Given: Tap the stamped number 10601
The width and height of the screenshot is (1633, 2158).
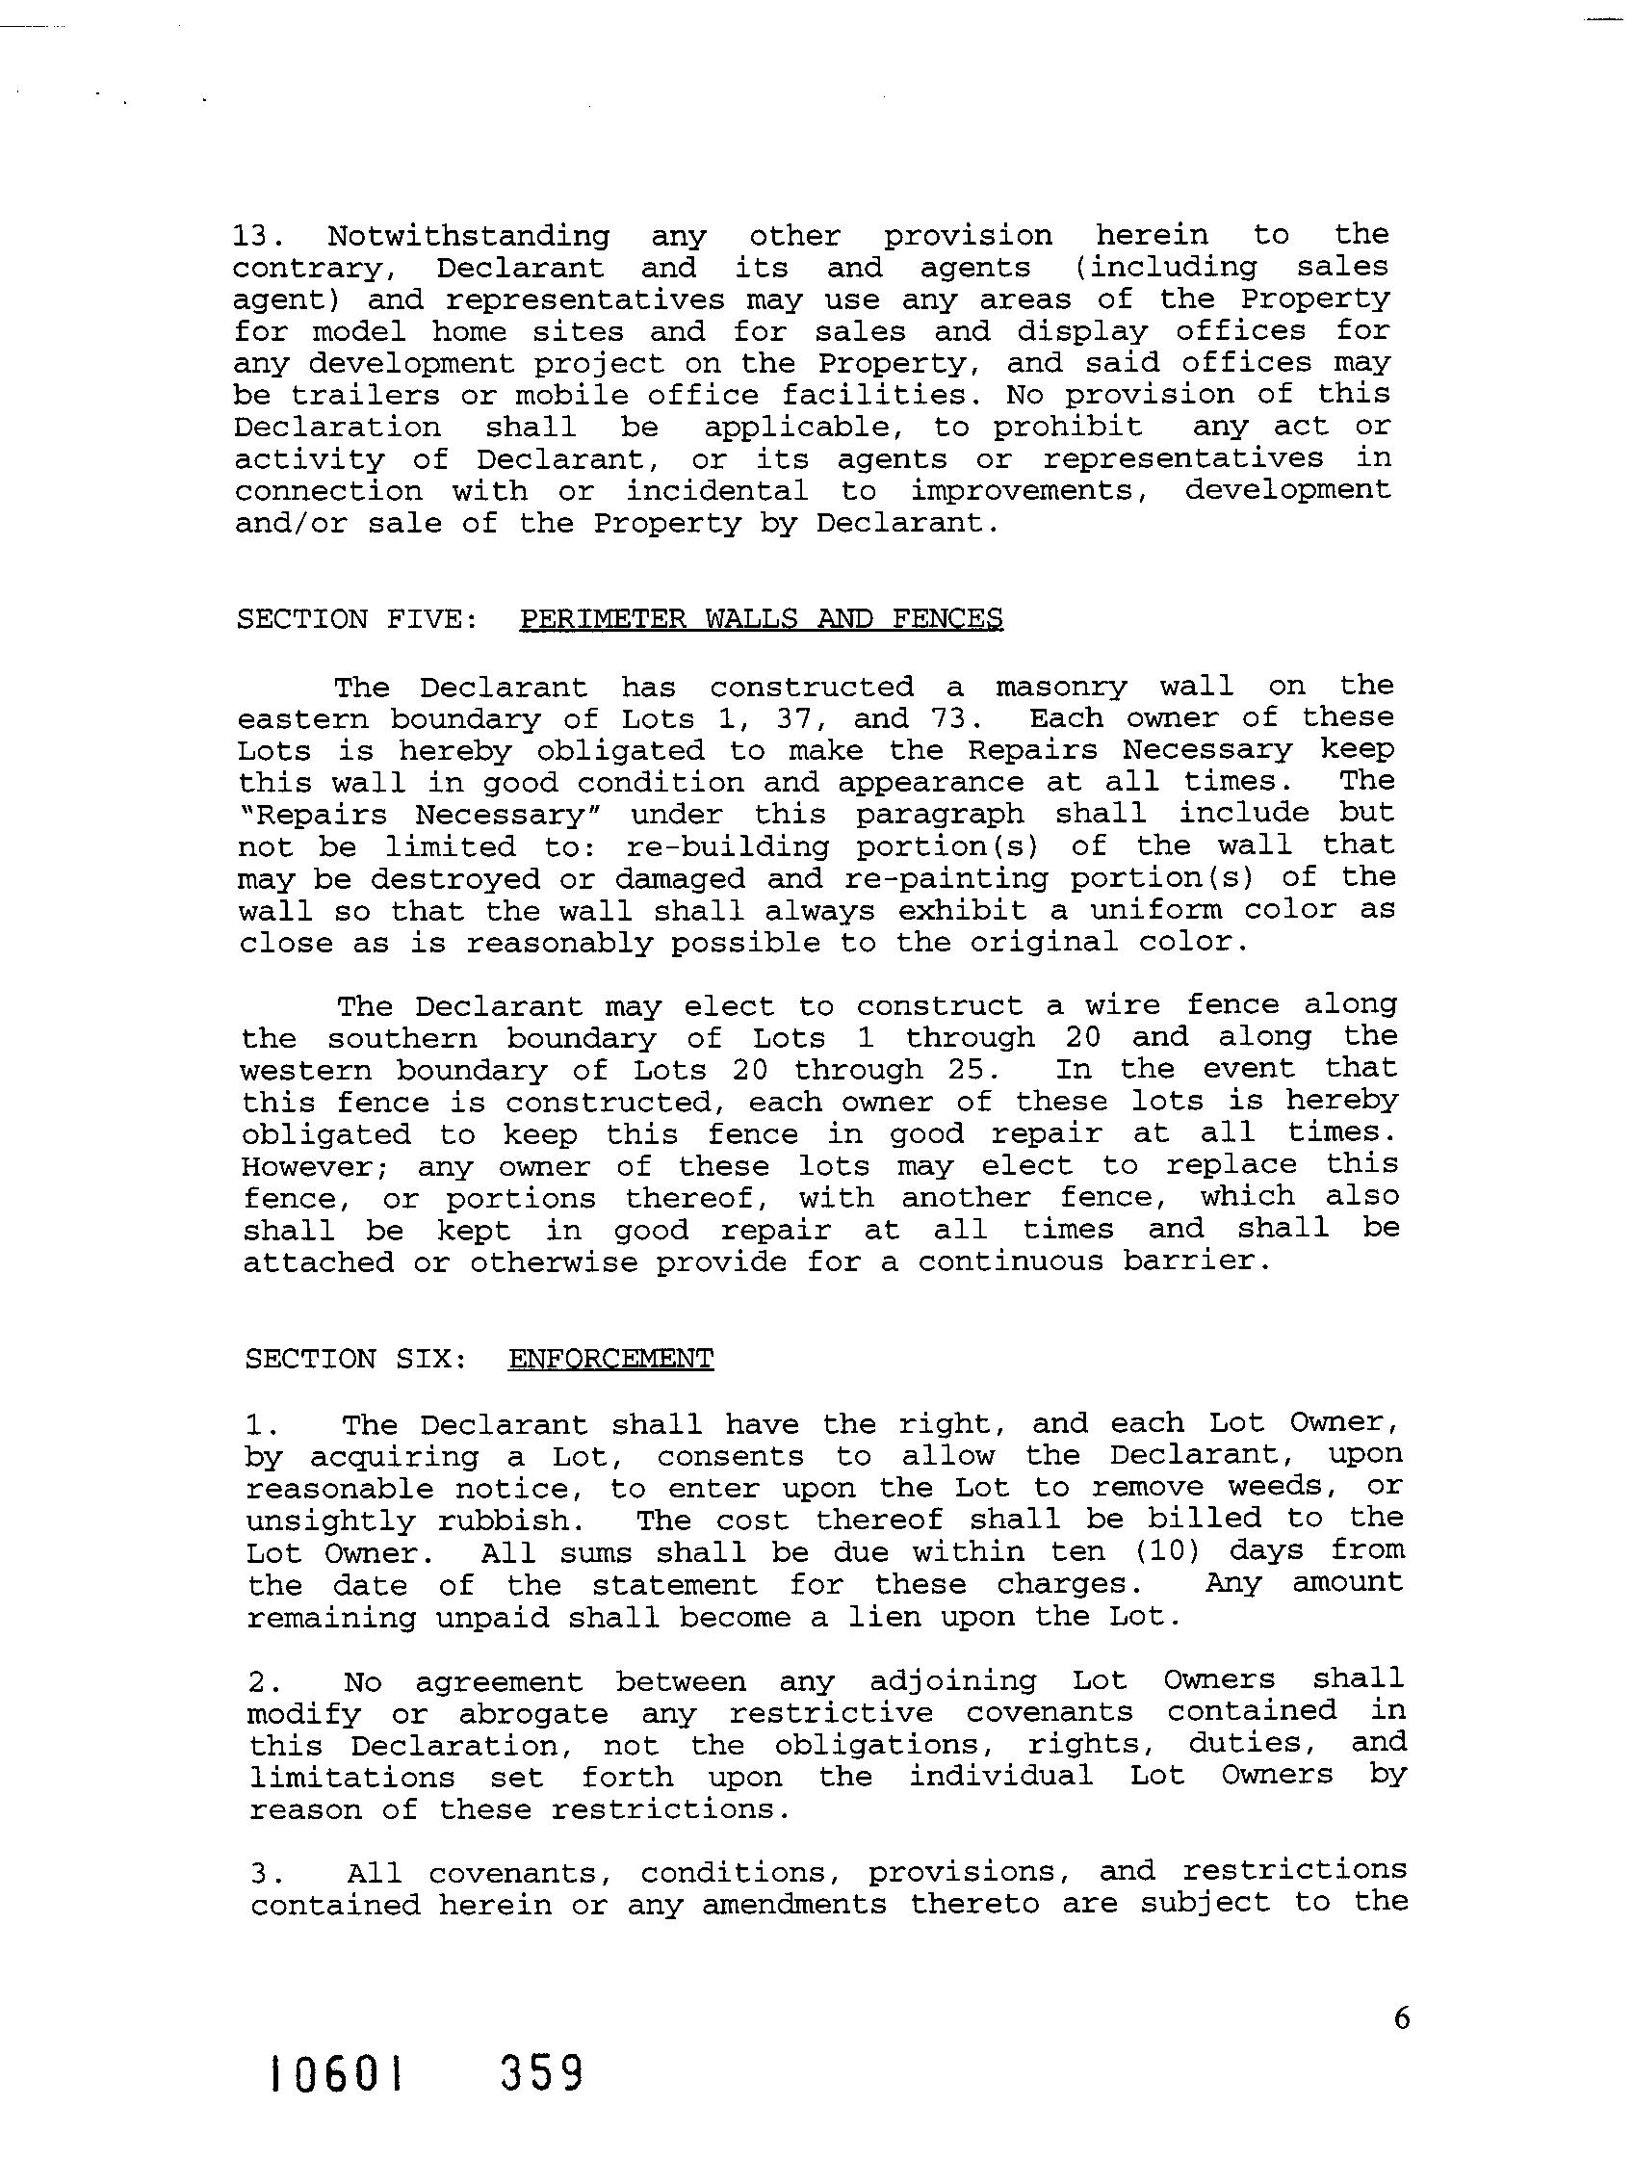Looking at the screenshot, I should pyautogui.click(x=337, y=2100).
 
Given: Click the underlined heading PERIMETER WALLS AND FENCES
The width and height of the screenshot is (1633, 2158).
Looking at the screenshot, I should pyautogui.click(x=761, y=619).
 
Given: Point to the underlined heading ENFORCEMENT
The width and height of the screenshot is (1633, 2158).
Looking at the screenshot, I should pyautogui.click(x=610, y=1359).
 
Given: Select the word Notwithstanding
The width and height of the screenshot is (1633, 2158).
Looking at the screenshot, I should pyautogui.click(x=468, y=237).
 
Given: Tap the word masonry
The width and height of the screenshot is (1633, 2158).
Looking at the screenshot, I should pyautogui.click(x=1060, y=687).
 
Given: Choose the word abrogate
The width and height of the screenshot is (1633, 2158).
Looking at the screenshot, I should pyautogui.click(x=532, y=1714).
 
